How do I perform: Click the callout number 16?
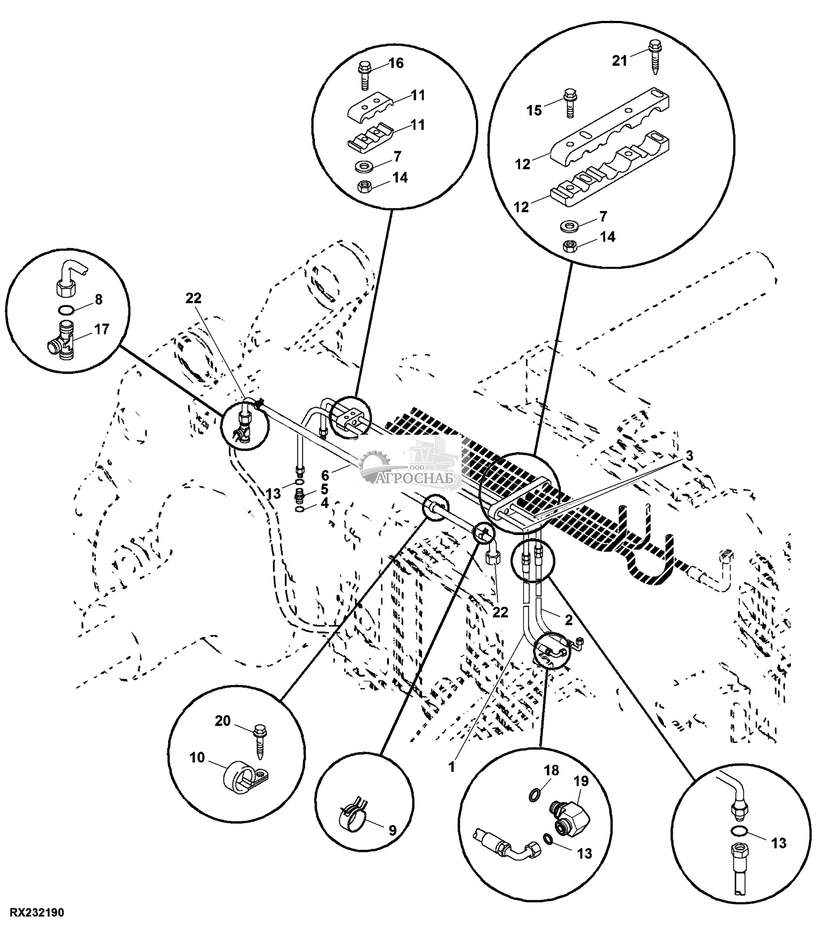[396, 63]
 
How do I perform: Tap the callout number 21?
[619, 60]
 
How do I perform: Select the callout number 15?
[534, 110]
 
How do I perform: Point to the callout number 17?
[102, 329]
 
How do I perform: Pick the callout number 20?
[223, 721]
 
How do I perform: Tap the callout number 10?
[197, 757]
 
